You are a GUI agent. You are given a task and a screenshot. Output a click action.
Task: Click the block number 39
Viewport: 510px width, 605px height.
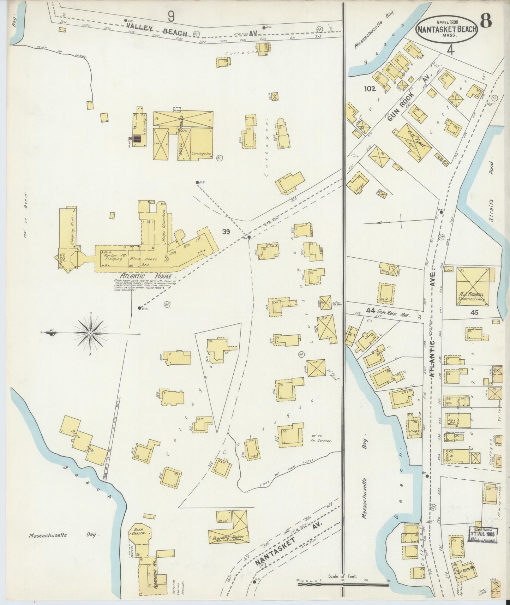[x=226, y=232]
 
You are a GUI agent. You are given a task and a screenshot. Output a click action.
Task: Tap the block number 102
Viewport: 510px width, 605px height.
[x=370, y=89]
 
